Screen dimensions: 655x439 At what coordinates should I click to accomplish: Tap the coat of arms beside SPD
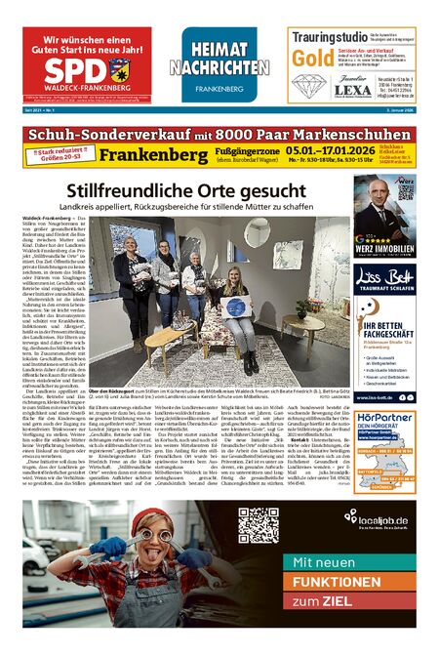tap(120, 69)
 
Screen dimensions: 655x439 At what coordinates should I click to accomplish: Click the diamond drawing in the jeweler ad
tap(310, 85)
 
